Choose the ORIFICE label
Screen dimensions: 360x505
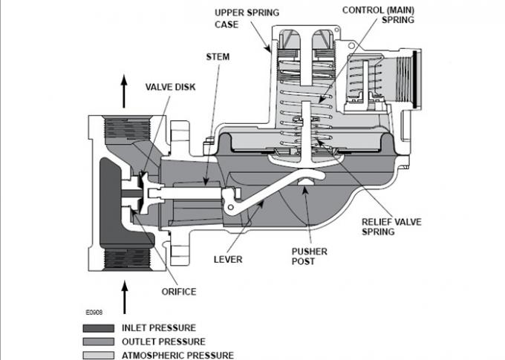coord(179,292)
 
